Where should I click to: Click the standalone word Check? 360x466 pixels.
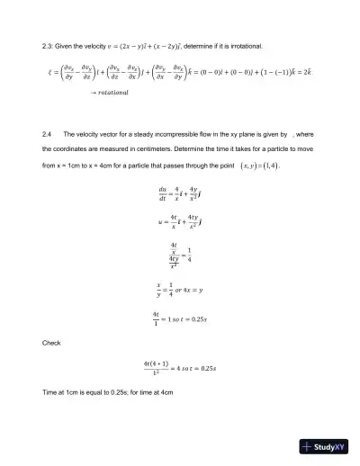tap(51, 343)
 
